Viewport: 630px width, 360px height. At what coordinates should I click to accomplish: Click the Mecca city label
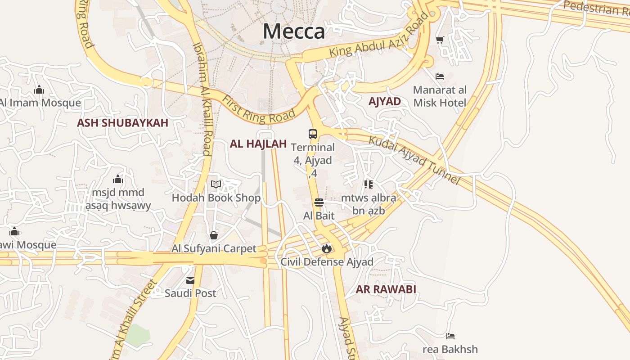(x=293, y=31)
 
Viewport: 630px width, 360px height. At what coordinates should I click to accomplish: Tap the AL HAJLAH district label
(x=258, y=144)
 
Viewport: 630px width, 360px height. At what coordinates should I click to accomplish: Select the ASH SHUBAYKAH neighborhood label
(x=122, y=123)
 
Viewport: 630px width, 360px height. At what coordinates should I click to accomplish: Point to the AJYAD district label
(x=385, y=101)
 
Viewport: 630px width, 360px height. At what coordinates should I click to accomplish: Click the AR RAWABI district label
(x=386, y=289)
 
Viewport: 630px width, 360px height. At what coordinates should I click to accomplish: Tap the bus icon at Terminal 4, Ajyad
(x=313, y=134)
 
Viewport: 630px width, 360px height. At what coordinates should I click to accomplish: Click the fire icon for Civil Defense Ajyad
(x=327, y=248)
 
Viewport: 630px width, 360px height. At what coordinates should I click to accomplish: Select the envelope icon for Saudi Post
(x=190, y=280)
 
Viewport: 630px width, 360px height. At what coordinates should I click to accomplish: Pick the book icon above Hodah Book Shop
(x=216, y=184)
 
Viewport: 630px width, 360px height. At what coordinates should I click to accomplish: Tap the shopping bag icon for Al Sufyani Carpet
(x=214, y=235)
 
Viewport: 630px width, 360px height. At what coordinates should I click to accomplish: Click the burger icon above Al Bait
(x=319, y=202)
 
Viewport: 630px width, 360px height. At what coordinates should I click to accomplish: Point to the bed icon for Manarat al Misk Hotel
(x=440, y=76)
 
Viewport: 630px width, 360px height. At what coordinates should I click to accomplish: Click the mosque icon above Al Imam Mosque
(x=39, y=90)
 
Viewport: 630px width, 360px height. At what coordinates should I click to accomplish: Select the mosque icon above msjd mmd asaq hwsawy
(x=118, y=179)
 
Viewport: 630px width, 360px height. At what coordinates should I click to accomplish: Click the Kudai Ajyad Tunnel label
(x=414, y=160)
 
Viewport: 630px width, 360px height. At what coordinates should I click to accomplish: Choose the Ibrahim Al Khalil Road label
(x=202, y=99)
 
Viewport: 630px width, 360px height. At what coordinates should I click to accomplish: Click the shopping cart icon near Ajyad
(x=440, y=40)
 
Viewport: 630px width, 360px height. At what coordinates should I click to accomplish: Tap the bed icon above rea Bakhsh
(x=450, y=336)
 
